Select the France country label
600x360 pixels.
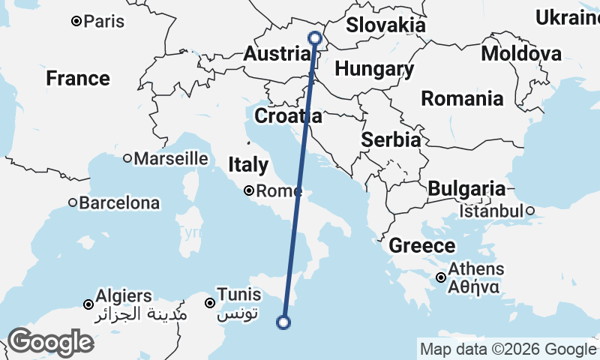pyautogui.click(x=77, y=78)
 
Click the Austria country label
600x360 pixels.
pyautogui.click(x=277, y=54)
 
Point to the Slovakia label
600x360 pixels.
pyautogui.click(x=385, y=25)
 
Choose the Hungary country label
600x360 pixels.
pyautogui.click(x=374, y=70)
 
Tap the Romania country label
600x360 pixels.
pyautogui.click(x=461, y=98)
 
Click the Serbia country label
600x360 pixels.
pyautogui.click(x=391, y=139)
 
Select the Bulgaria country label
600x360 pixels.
pyautogui.click(x=466, y=189)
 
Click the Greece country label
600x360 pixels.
pyautogui.click(x=421, y=245)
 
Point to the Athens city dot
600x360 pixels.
pyautogui.click(x=442, y=278)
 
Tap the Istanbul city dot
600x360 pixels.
pyautogui.click(x=529, y=211)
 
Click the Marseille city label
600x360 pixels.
pyautogui.click(x=170, y=158)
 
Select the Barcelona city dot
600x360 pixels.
pyautogui.click(x=73, y=202)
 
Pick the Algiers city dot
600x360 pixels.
pyautogui.click(x=88, y=304)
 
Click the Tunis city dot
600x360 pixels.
pyautogui.click(x=210, y=303)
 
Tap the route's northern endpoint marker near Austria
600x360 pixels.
pyautogui.click(x=315, y=37)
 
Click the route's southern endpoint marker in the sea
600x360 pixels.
pyautogui.click(x=283, y=322)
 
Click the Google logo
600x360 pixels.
pyautogui.click(x=50, y=342)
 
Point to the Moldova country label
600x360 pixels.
pyautogui.click(x=521, y=54)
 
